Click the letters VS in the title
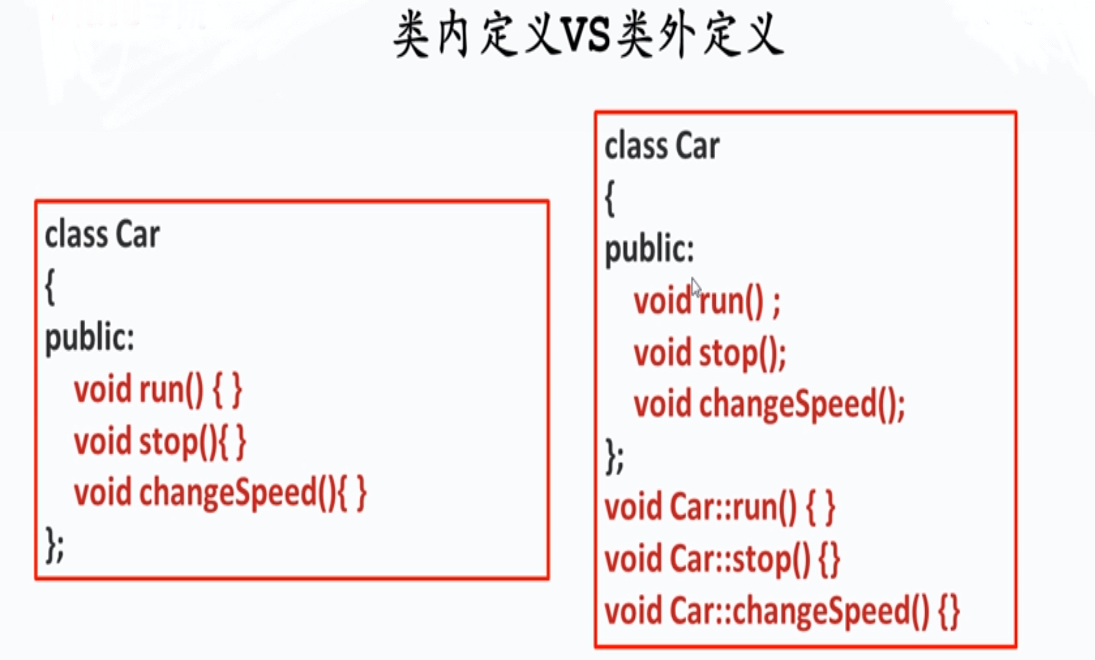click(x=588, y=36)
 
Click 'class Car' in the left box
click(x=102, y=235)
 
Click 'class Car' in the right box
click(x=662, y=146)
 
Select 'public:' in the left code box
click(x=90, y=338)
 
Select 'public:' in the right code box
click(x=650, y=249)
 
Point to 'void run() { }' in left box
click(x=158, y=390)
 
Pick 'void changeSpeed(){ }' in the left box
click(x=220, y=493)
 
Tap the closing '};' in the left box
click(x=55, y=544)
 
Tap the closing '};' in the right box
click(x=614, y=457)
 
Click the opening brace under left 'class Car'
click(x=50, y=287)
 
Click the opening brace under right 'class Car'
click(x=610, y=198)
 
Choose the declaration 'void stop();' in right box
click(x=710, y=354)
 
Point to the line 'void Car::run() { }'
click(x=720, y=508)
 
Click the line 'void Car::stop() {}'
click(x=722, y=559)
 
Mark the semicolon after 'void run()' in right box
click(x=776, y=304)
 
